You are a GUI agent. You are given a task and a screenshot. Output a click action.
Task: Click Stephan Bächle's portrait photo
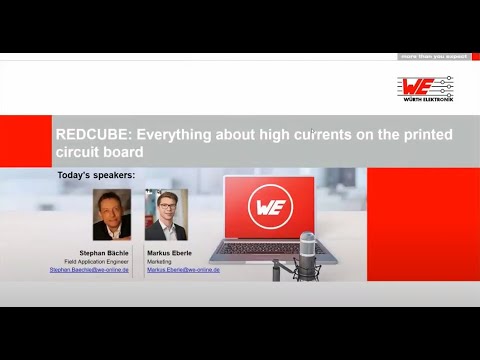pos(112,215)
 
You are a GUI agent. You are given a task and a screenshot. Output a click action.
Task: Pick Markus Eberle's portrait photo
pos(166,215)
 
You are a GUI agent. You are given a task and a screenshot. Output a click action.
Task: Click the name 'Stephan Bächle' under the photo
pos(108,254)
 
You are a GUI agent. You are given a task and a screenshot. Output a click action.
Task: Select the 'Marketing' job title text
pos(161,262)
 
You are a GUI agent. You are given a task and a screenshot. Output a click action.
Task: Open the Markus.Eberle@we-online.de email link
pos(183,270)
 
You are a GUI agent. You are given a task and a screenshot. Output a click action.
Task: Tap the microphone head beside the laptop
pos(308,245)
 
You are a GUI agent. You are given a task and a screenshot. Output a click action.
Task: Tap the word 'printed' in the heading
pos(425,134)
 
